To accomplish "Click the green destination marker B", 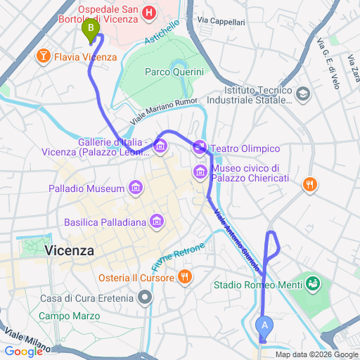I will (x=90, y=30).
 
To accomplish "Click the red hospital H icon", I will (x=149, y=13).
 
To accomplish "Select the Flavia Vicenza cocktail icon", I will (x=44, y=56).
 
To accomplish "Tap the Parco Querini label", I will (x=174, y=72).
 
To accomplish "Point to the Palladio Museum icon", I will (x=136, y=188).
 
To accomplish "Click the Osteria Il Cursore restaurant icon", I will (x=185, y=277).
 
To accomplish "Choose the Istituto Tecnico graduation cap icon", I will (x=302, y=93).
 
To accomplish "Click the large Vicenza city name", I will (x=69, y=250).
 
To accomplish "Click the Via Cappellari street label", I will (x=221, y=22).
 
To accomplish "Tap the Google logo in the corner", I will (x=23, y=351).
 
